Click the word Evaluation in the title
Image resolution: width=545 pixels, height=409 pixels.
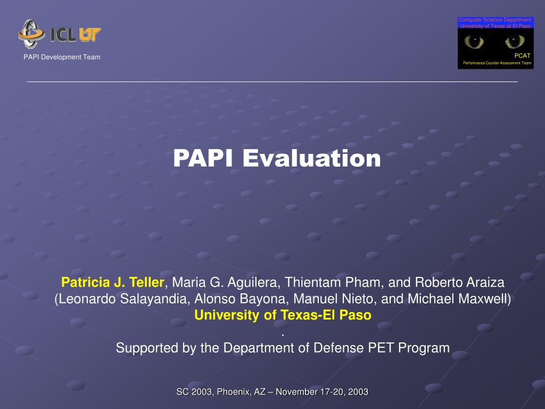311,158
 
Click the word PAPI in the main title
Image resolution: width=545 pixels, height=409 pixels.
203,158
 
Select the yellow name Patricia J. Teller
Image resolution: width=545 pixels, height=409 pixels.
113,282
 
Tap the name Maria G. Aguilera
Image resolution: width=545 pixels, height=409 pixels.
226,282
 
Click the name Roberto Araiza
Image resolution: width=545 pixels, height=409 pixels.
459,282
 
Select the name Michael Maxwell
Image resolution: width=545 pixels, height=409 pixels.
457,299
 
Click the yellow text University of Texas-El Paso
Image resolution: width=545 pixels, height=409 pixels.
283,315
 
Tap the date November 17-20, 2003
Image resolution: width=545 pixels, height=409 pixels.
322,392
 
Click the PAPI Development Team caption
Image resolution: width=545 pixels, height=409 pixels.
62,57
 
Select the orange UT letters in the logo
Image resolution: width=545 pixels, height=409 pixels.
89,35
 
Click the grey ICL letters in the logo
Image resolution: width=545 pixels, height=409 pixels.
63,35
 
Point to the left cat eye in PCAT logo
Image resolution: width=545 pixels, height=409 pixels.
474,42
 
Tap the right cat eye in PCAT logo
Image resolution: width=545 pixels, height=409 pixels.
515,42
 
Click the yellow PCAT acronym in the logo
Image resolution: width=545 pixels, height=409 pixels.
523,55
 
